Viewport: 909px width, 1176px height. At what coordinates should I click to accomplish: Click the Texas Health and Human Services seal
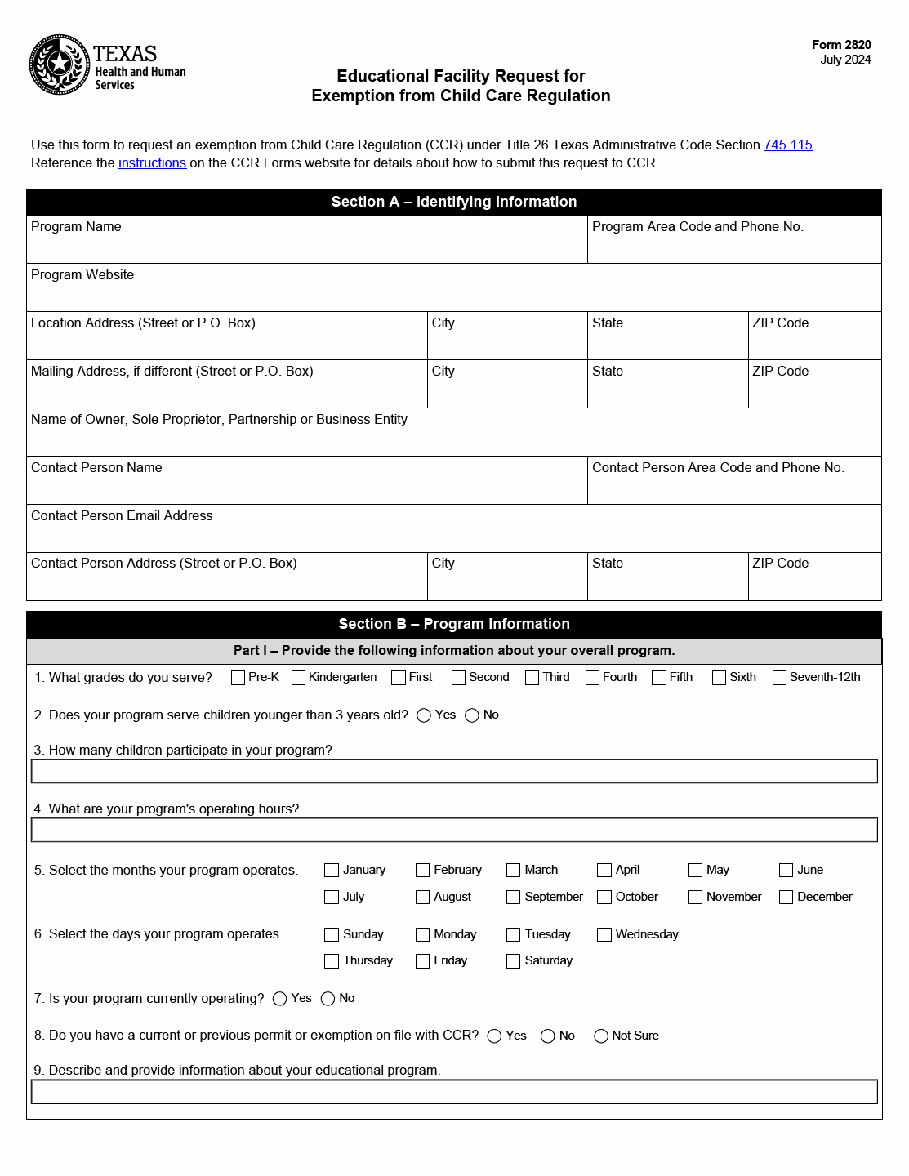(x=60, y=65)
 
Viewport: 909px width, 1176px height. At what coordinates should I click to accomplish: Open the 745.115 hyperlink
(x=787, y=145)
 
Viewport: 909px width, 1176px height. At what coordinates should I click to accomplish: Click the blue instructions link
(x=152, y=163)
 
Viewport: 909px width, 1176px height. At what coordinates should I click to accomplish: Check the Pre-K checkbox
(x=238, y=678)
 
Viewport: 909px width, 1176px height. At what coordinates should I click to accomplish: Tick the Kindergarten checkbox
(x=299, y=678)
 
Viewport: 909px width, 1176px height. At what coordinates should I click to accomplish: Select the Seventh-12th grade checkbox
(x=780, y=678)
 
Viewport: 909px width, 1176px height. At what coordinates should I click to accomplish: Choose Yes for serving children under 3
(x=424, y=715)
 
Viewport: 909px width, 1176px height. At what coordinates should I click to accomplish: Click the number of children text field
(x=454, y=771)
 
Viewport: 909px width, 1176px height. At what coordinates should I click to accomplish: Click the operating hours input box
(x=454, y=830)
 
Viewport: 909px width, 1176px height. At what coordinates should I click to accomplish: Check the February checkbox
(x=422, y=871)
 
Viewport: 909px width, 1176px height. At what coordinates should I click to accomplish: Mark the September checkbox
(x=513, y=898)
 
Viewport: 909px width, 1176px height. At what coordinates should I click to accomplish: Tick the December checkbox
(x=786, y=898)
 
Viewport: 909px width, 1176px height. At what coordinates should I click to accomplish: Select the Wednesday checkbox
(x=604, y=935)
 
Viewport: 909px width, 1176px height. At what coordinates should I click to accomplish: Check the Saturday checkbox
(x=513, y=961)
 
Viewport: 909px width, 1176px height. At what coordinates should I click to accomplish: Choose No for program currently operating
(x=328, y=999)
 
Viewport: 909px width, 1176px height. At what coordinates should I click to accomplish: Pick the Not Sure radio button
(x=601, y=1036)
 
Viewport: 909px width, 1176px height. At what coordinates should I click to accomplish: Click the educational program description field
(x=454, y=1092)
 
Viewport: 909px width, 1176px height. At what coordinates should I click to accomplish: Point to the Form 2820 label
(x=841, y=45)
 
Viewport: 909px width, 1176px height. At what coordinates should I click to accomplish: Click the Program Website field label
(x=82, y=275)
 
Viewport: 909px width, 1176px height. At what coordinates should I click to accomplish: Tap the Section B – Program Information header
(x=454, y=624)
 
